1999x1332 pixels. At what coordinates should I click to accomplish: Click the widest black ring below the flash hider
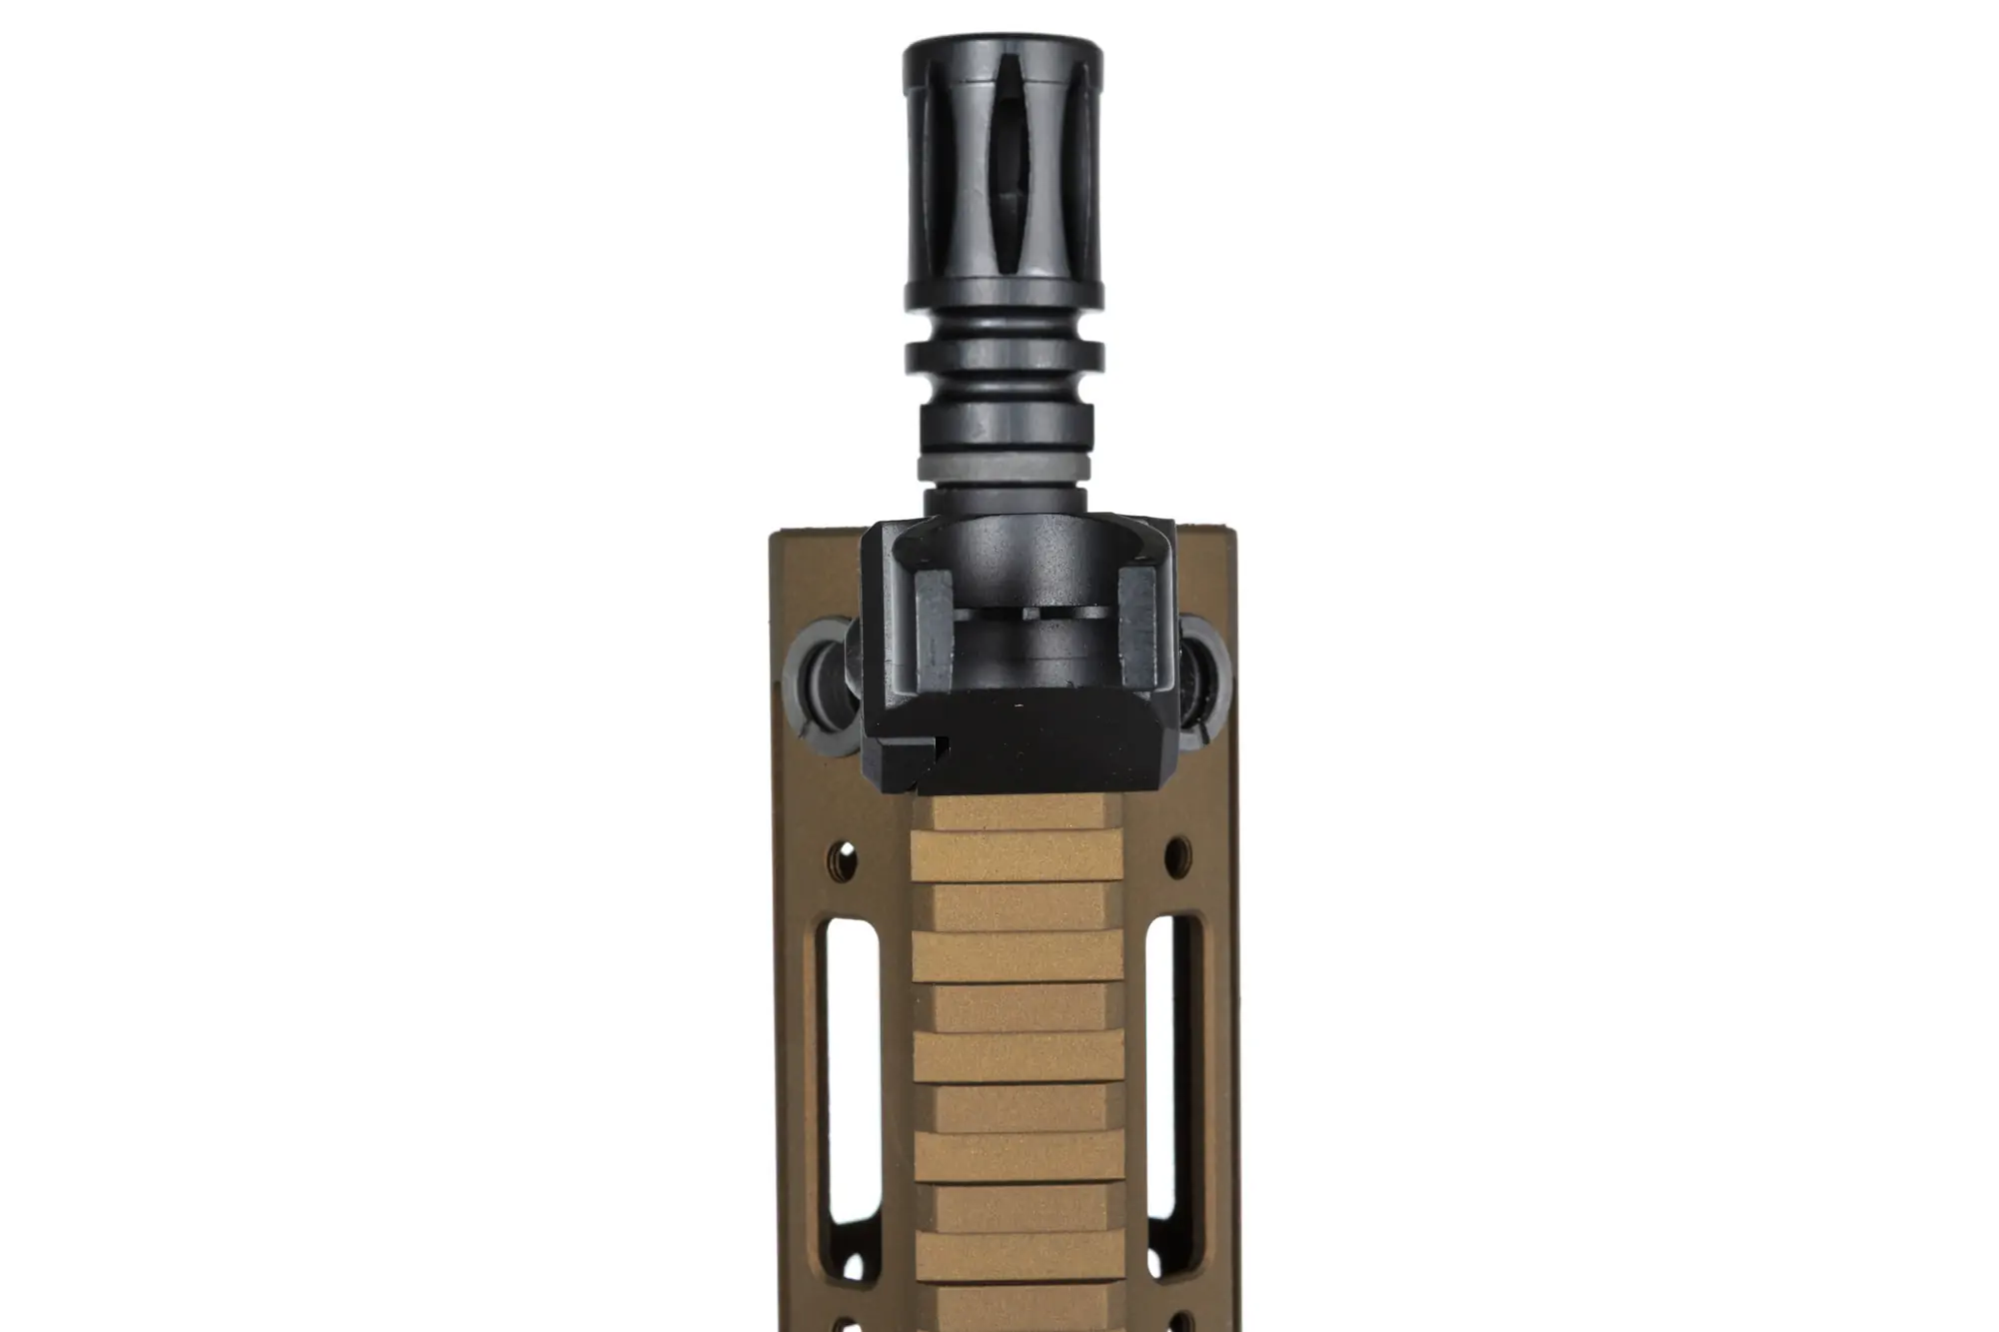pyautogui.click(x=1004, y=356)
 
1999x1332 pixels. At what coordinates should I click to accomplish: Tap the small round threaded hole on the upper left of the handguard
pyautogui.click(x=846, y=855)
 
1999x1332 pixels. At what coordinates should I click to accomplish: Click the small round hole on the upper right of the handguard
pyautogui.click(x=1178, y=853)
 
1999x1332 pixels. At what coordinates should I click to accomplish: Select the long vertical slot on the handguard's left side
pyautogui.click(x=842, y=1073)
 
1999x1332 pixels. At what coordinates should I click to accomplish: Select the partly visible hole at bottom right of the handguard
pyautogui.click(x=1182, y=1321)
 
